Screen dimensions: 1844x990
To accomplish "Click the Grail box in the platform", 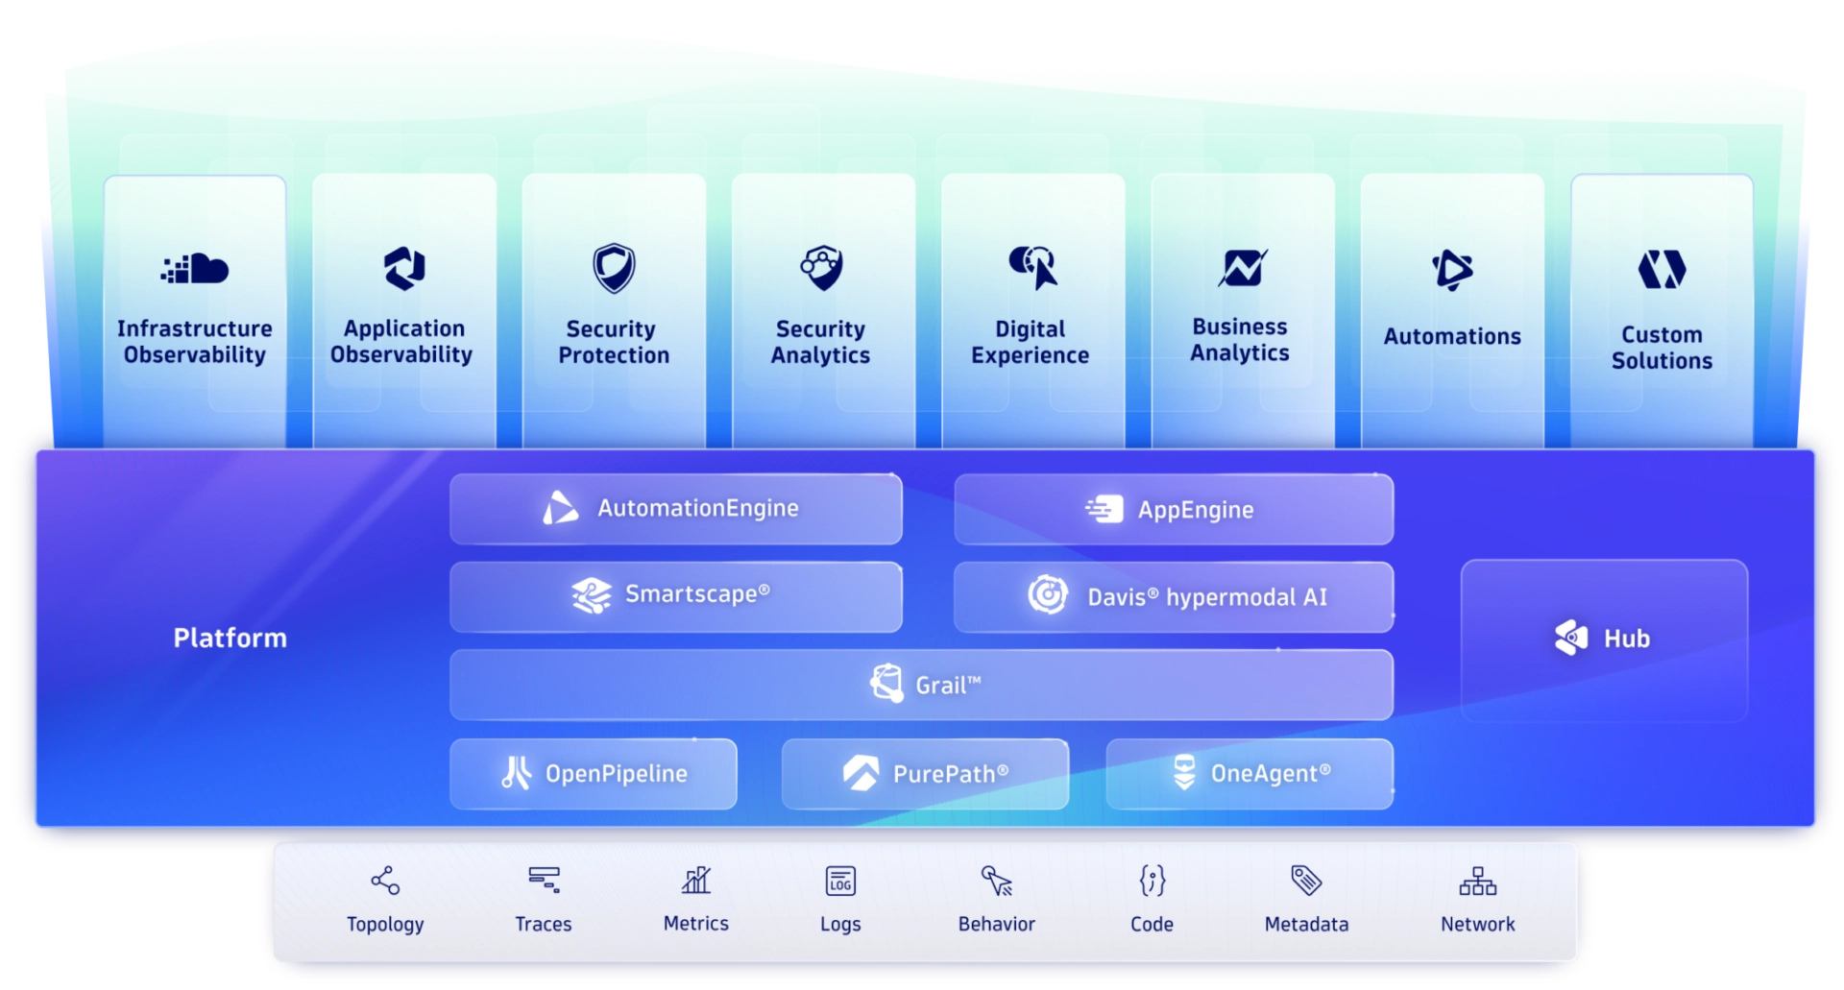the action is pos(921,685).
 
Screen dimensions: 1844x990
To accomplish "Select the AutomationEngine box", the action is pos(676,509).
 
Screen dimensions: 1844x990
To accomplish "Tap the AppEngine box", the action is pos(1174,509).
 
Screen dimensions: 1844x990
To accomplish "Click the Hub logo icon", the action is pos(1571,638).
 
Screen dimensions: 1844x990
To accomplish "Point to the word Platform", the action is pos(230,638).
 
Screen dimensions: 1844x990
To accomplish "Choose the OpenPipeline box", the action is pos(594,774).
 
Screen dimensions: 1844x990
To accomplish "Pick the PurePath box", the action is pos(925,774).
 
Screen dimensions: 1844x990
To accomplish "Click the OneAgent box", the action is pos(1250,774).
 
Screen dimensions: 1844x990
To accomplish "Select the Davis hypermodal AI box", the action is pos(1174,597).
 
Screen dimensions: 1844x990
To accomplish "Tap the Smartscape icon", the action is pos(592,595).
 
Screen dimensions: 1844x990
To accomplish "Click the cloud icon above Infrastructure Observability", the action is pos(195,269).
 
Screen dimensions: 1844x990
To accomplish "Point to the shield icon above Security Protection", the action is pos(614,268).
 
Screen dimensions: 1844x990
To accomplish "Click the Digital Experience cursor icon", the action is pos(1033,267).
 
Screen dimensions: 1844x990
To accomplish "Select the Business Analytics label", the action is pos(1240,340).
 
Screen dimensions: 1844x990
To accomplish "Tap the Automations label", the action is pos(1452,337).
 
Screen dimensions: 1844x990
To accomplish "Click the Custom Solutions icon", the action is pos(1662,269).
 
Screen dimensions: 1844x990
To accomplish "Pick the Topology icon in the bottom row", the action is pos(385,881).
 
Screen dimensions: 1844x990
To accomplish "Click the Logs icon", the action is pos(840,881).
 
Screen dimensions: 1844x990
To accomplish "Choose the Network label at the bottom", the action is pos(1477,924).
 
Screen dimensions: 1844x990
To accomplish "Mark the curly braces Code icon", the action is pos(1152,881).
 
